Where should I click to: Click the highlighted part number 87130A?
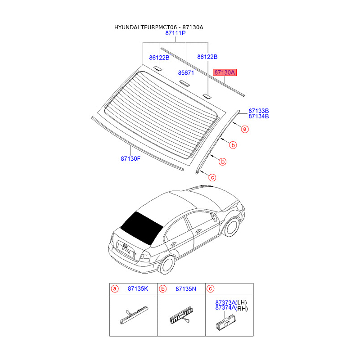(225, 72)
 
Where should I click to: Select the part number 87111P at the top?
(175, 34)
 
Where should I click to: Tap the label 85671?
(185, 72)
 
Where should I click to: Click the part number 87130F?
(130, 158)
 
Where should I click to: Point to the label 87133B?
(259, 111)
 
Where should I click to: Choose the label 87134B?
(259, 117)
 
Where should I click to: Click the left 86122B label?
(159, 58)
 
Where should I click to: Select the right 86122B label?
(207, 57)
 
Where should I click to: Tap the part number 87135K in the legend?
(138, 289)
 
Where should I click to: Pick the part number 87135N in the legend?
(186, 289)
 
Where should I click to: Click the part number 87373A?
(225, 302)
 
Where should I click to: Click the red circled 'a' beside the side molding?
(245, 129)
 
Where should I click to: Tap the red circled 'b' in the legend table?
(164, 289)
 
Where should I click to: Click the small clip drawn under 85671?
(185, 82)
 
